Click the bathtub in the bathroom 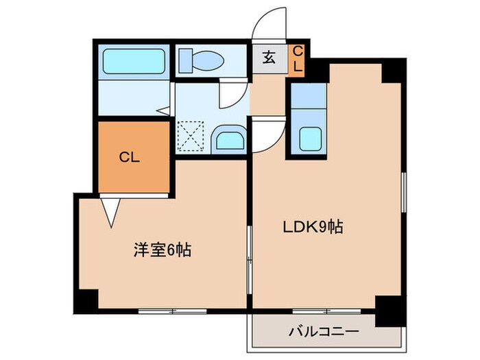click(134, 62)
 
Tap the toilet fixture click(201, 61)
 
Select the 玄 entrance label click(269, 58)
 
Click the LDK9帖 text click(313, 227)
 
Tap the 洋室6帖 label click(162, 250)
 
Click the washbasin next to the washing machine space click(228, 139)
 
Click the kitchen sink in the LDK click(311, 139)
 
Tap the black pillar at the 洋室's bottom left click(87, 299)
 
